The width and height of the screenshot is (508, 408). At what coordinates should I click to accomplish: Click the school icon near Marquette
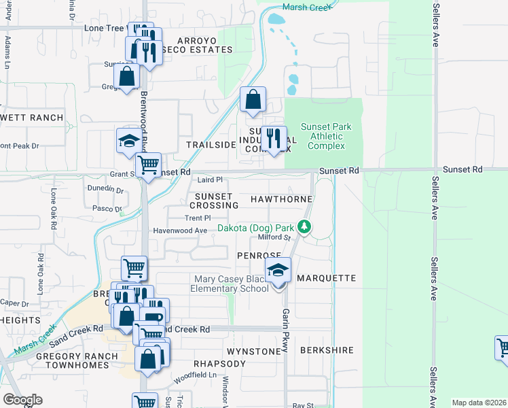(x=278, y=271)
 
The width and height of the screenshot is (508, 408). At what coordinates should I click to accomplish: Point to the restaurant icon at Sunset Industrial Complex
(x=274, y=139)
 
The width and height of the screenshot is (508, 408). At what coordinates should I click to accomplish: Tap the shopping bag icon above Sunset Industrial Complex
(x=253, y=99)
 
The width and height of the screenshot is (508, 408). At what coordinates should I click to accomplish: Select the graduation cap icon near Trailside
(x=128, y=141)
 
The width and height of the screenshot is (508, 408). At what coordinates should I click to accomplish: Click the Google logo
(x=22, y=400)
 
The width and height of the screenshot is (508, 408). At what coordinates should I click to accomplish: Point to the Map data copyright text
(x=478, y=403)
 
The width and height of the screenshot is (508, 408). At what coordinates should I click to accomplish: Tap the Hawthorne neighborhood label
(x=281, y=199)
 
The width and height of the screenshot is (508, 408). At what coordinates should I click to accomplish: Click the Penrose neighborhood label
(x=254, y=255)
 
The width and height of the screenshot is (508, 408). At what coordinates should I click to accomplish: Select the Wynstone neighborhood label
(x=253, y=351)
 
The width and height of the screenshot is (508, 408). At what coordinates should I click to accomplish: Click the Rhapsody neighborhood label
(x=219, y=364)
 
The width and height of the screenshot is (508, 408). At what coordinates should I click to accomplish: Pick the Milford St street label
(x=274, y=237)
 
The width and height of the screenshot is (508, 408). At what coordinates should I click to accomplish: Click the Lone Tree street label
(x=105, y=29)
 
